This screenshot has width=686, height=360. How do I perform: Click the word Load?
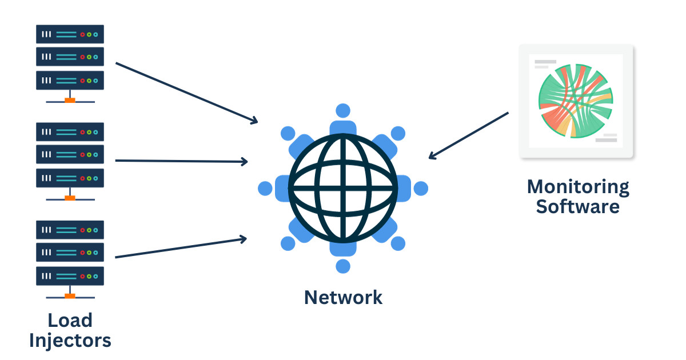(x=70, y=321)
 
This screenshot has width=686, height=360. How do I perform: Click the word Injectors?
(x=70, y=341)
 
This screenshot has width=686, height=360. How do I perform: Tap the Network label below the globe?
(x=343, y=297)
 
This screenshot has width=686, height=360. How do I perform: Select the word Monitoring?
(x=577, y=187)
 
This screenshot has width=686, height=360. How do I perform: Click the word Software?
(x=577, y=206)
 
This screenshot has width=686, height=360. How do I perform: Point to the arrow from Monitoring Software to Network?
(x=468, y=135)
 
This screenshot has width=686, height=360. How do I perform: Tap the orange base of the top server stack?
(x=70, y=101)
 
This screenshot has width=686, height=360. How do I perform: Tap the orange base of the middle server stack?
(x=70, y=198)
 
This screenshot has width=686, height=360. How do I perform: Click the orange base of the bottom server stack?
(x=70, y=296)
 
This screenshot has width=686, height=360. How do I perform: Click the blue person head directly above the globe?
(x=343, y=110)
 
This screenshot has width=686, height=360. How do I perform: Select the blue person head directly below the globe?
(x=343, y=266)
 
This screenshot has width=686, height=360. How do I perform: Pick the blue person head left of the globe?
(x=265, y=188)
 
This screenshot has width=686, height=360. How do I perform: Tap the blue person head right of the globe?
(x=421, y=188)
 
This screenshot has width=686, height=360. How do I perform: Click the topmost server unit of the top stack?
(x=70, y=34)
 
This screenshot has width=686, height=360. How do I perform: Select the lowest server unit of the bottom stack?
(x=70, y=276)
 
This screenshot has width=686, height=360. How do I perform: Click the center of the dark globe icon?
(x=342, y=188)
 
